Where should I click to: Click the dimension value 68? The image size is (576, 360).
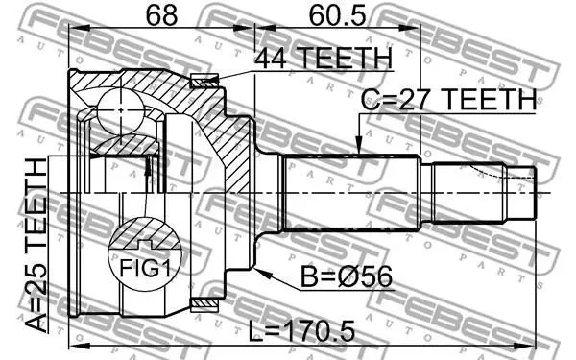pos(161,15)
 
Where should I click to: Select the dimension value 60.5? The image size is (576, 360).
pos(337,16)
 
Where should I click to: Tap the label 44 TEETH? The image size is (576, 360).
pos(324,58)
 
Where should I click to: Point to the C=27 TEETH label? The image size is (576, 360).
pos(448,99)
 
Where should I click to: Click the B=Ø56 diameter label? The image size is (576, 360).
pos(347,276)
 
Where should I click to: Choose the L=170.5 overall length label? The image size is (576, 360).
pos(302,330)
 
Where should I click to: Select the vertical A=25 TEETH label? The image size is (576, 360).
pos(36,245)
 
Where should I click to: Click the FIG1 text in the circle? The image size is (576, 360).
pos(145,269)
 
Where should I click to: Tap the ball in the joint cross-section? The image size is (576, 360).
pos(121,109)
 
